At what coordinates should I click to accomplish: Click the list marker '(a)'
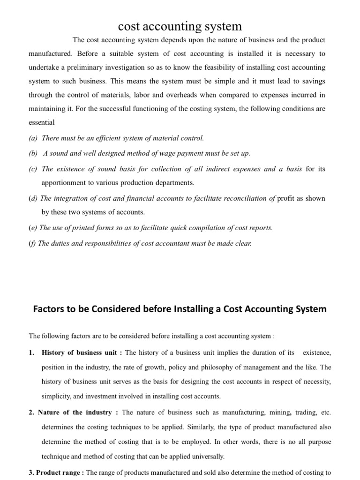click(x=33, y=138)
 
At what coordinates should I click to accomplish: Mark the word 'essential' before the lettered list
click(x=42, y=122)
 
